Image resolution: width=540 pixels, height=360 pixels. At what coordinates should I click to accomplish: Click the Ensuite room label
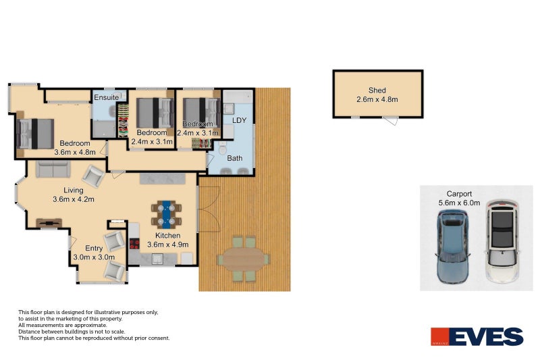point(107,98)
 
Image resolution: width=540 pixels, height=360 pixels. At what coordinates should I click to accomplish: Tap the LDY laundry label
point(240,120)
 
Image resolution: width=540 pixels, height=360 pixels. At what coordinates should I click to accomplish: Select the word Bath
point(235,159)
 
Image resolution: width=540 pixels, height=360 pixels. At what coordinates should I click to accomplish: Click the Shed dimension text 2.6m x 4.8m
point(377,100)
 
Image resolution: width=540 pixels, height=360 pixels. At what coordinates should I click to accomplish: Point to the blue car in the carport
point(452,246)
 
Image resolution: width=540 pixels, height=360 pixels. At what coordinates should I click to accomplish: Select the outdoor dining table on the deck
point(243,259)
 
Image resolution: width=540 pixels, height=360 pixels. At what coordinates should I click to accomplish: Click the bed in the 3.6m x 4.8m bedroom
point(35,132)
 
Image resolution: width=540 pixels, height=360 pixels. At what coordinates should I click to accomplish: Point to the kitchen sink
point(157,257)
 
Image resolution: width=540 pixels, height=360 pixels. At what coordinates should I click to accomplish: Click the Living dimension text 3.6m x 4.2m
point(73,199)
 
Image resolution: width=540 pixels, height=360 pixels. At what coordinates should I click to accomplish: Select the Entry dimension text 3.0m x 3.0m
point(94,257)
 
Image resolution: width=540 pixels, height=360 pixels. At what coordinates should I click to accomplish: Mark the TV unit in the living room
point(49,222)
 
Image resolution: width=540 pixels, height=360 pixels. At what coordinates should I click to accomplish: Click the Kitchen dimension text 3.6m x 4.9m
point(167,245)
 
